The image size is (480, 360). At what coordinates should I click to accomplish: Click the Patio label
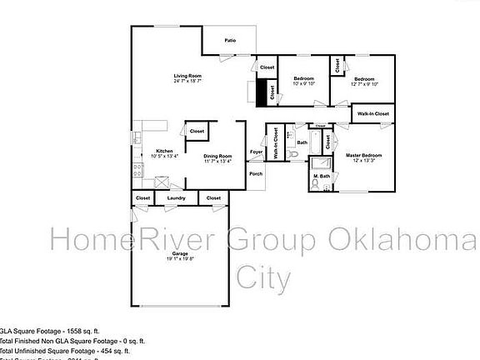tap(229, 40)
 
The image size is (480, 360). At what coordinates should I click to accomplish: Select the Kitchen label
tap(164, 151)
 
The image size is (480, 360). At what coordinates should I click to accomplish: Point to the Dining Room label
tap(217, 156)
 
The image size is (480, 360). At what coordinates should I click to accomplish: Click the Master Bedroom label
tap(364, 156)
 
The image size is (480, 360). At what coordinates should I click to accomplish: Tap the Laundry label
tap(176, 197)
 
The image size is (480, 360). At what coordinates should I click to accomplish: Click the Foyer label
tap(257, 152)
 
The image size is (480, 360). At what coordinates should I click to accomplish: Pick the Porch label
tap(256, 174)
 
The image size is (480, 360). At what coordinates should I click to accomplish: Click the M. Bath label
tap(322, 176)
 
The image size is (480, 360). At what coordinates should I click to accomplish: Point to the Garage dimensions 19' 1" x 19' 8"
tap(180, 259)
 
